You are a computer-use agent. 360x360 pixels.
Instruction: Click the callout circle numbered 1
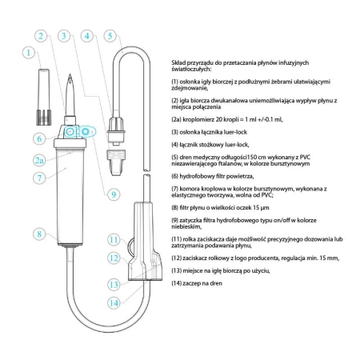(x=29, y=53)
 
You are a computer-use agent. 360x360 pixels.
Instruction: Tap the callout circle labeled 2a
(x=39, y=160)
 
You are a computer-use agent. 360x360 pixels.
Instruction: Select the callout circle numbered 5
(x=110, y=36)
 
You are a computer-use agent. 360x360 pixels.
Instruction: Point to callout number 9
(x=114, y=194)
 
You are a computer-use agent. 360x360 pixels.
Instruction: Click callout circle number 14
(x=114, y=303)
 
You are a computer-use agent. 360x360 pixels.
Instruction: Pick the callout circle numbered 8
(x=39, y=234)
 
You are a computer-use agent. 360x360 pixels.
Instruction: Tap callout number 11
(x=114, y=240)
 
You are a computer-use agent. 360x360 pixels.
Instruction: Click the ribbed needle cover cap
(x=44, y=97)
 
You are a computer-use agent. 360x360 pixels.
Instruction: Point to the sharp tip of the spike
(x=70, y=74)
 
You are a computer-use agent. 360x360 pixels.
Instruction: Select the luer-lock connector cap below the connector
(x=116, y=162)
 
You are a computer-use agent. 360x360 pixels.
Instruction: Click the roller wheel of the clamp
(x=130, y=246)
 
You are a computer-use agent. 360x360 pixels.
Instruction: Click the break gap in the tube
(x=146, y=172)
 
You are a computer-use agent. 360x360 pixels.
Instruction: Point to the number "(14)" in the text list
(x=176, y=283)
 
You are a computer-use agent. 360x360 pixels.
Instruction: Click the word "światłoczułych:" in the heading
(x=191, y=70)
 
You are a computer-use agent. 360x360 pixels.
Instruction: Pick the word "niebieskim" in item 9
(x=186, y=226)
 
